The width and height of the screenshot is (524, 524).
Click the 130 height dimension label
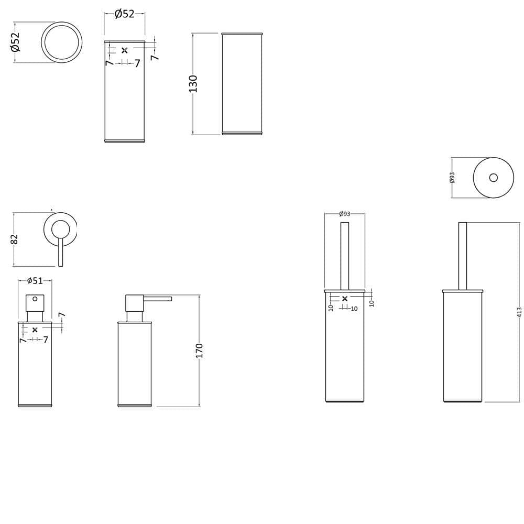[193, 83]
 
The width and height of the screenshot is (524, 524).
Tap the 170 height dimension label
[199, 351]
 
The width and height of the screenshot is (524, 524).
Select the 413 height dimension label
[519, 312]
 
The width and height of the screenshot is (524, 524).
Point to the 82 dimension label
[14, 239]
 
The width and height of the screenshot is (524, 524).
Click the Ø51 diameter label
[35, 281]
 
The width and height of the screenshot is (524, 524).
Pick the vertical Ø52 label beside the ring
[15, 42]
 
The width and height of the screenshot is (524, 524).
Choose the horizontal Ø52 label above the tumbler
[124, 14]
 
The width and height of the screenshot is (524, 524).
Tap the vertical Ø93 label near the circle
[452, 178]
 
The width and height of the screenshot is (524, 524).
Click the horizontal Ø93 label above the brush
[345, 214]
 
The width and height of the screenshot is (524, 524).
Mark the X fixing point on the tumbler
[125, 50]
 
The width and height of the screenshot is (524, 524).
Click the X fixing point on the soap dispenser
[35, 330]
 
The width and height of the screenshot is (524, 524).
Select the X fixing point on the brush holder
[345, 299]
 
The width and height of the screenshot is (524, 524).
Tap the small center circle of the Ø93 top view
[493, 178]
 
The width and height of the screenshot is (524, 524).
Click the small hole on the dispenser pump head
[35, 299]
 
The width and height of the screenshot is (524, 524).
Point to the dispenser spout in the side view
[157, 299]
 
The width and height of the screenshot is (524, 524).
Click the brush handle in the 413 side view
[463, 256]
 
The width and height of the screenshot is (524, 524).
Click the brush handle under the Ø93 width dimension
[345, 256]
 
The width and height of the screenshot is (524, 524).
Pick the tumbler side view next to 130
[242, 84]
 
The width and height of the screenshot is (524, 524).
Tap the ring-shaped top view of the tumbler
[62, 23]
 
